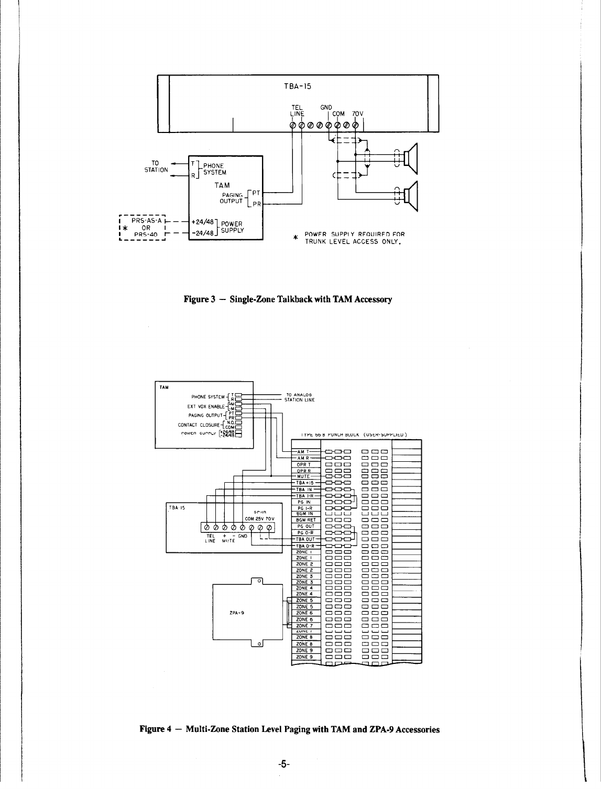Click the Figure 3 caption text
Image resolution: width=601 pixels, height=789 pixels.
point(288,299)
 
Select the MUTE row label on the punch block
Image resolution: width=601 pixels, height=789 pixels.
point(304,476)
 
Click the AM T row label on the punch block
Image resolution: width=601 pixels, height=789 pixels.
point(304,451)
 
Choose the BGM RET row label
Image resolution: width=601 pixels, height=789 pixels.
point(305,520)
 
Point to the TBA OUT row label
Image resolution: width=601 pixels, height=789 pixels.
point(305,539)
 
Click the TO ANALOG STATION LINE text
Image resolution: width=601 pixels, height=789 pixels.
point(299,397)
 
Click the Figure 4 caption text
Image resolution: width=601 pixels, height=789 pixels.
point(289,729)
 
